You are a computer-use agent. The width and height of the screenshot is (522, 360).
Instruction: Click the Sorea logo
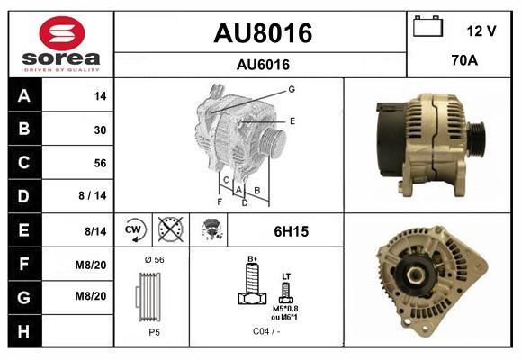[x=60, y=43]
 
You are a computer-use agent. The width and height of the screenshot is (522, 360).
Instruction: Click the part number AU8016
[x=262, y=34]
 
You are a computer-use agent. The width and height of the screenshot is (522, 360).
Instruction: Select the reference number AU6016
[x=262, y=64]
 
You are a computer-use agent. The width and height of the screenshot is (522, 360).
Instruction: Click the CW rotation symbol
[x=132, y=230]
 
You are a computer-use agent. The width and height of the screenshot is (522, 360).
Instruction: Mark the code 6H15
[x=291, y=231]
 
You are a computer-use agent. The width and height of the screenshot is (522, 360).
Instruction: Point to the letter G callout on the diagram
[x=292, y=89]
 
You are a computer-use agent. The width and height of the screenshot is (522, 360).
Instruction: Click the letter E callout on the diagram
[x=292, y=120]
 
